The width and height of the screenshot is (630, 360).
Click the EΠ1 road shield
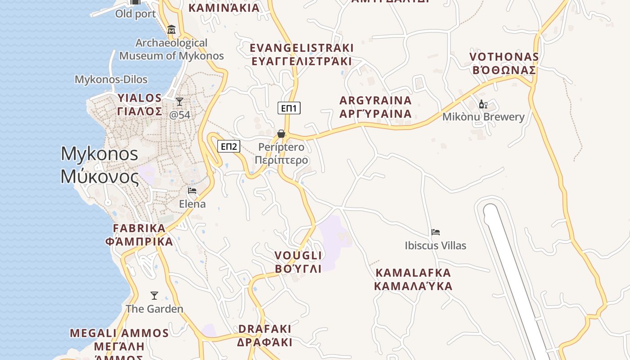[289, 108]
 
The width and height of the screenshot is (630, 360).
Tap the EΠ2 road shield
[229, 146]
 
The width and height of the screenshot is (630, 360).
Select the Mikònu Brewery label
[483, 117]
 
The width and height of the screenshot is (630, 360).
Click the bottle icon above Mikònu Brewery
[483, 104]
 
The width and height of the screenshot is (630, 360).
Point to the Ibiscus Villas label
[435, 246]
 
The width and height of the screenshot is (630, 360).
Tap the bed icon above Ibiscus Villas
[435, 232]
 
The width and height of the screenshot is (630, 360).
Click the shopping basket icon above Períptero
[281, 134]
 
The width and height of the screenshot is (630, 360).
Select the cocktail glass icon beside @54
[180, 102]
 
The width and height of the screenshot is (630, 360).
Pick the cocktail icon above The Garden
[154, 296]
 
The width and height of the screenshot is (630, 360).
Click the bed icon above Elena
[192, 191]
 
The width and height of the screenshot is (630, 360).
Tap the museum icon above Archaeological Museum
[171, 30]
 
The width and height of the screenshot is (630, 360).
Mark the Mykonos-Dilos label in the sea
[111, 80]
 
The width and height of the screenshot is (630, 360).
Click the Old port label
[135, 14]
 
